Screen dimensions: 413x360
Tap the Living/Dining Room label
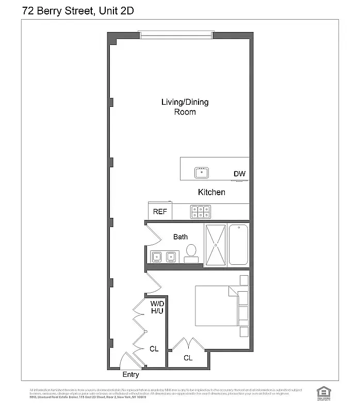point(185,106)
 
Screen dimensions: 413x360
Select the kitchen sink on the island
point(201,172)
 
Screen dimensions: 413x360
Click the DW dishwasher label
point(239,173)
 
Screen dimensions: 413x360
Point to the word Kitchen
point(211,192)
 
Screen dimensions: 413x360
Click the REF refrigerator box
point(160,212)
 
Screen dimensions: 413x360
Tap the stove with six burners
point(201,212)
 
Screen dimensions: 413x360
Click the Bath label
point(180,237)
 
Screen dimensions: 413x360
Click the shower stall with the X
point(216,245)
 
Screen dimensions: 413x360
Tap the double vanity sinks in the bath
point(163,256)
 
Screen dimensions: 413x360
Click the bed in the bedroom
point(217,306)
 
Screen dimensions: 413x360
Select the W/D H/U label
point(157,307)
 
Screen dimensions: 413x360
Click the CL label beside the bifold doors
point(154,349)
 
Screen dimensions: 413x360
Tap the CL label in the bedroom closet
point(188,357)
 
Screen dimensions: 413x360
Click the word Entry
point(130,375)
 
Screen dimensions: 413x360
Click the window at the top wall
point(175,35)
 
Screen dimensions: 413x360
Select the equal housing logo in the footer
point(323,392)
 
